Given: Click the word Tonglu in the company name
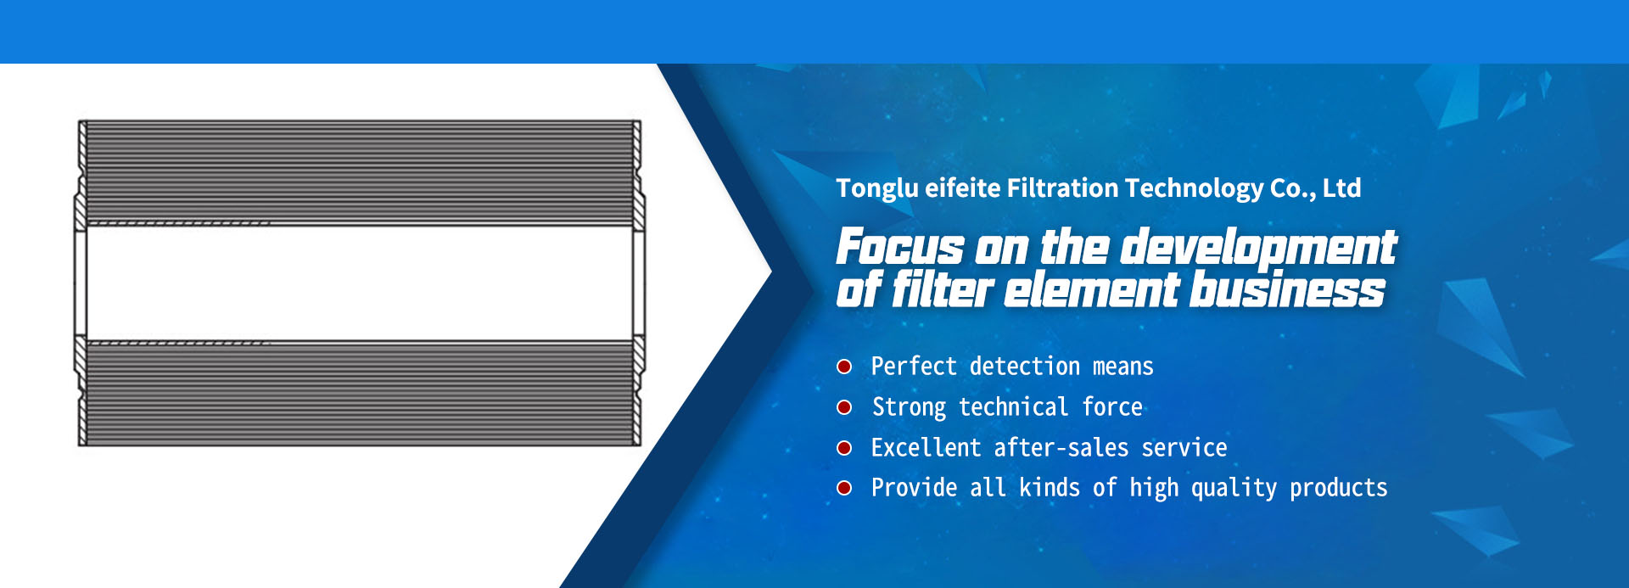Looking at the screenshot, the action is pos(877,188).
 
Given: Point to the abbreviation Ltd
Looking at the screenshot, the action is pos(1341,188).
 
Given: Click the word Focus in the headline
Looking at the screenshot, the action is pos(900,248).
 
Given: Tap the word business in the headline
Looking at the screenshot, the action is pos(1287,289).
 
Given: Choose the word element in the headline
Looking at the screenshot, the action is pos(1092,290).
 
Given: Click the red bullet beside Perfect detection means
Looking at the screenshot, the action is pos(844,367).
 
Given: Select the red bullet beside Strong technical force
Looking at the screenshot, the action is pos(844,407).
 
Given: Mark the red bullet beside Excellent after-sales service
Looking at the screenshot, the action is pos(844,448).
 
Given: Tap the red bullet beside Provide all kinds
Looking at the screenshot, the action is pos(844,488).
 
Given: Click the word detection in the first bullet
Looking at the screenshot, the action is pos(1025,367).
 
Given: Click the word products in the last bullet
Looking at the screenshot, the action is pos(1339,489).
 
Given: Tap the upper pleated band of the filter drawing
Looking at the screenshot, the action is pos(360,172).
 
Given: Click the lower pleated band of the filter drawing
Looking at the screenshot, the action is pos(360,393).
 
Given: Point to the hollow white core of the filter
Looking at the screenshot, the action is pos(360,283).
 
